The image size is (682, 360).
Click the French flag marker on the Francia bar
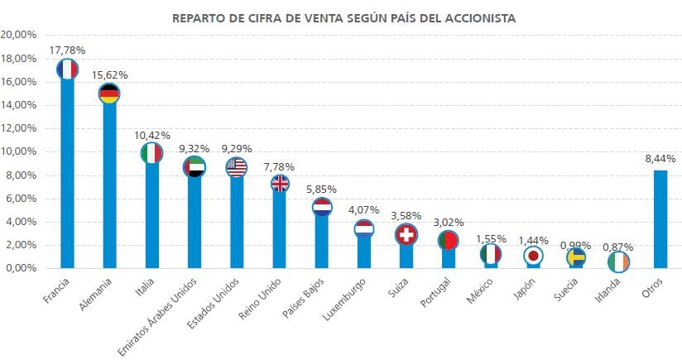[x=67, y=69]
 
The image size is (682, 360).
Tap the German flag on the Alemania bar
[x=109, y=94]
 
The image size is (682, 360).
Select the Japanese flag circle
[x=534, y=256]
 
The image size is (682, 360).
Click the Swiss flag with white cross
[x=406, y=233]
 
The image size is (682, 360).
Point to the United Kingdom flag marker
[x=280, y=184]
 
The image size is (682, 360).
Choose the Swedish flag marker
[x=576, y=257]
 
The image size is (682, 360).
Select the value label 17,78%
[x=67, y=51]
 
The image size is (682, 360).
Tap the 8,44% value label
[x=660, y=158]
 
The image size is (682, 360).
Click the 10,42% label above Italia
[x=151, y=135]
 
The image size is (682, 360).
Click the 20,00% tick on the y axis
[x=19, y=35]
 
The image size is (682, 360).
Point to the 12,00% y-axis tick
[x=19, y=128]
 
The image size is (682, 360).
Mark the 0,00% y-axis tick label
[x=21, y=268]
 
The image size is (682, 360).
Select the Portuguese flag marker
[x=448, y=241]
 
